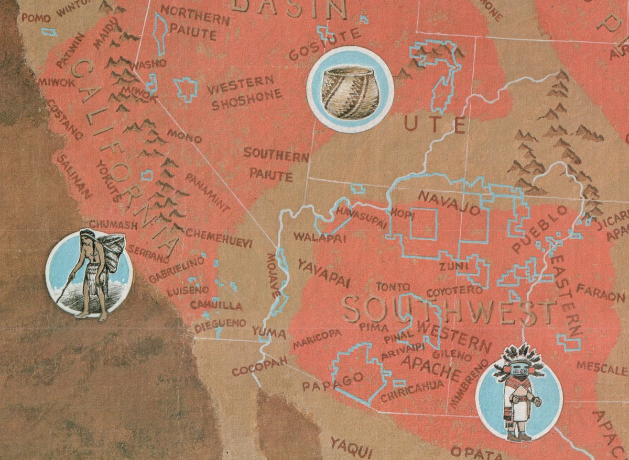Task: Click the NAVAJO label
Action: [x=449, y=203]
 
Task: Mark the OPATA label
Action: [x=472, y=451]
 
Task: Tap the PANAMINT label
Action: [x=207, y=192]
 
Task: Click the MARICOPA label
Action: [x=317, y=339]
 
